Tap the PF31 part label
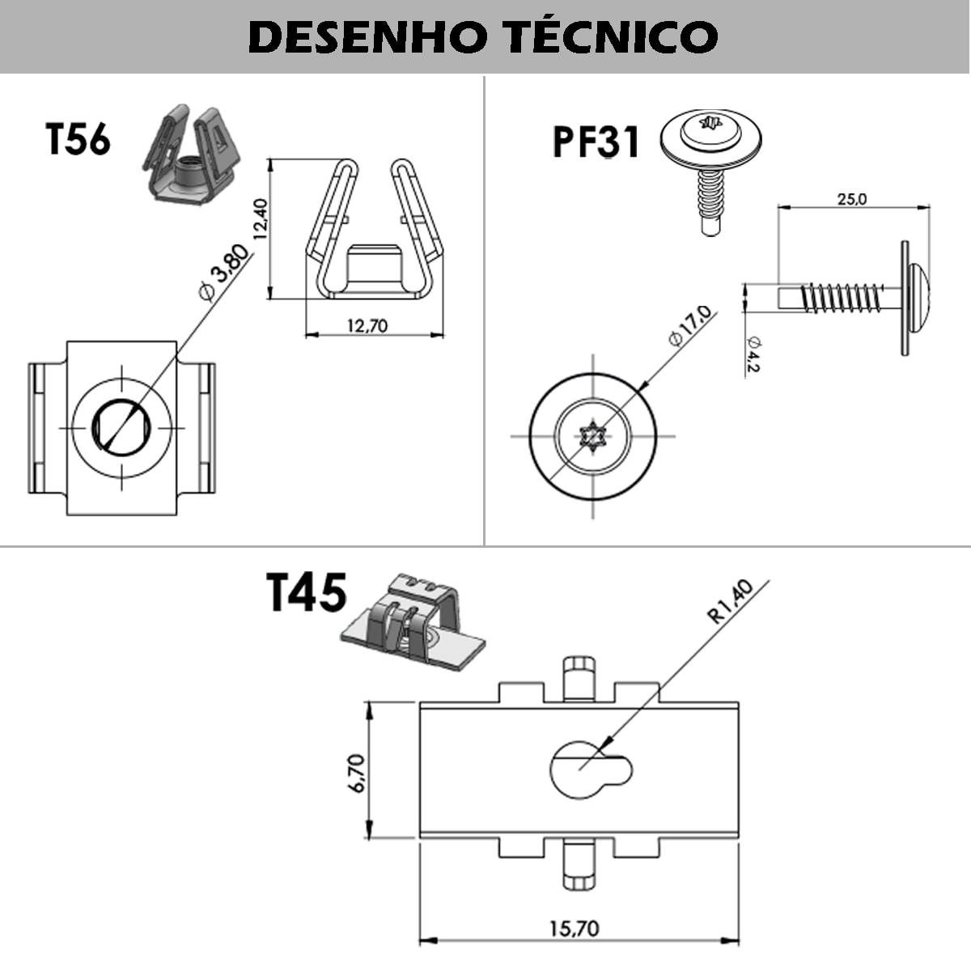596,142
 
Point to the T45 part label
307,592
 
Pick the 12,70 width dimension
367,326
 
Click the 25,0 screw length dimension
851,198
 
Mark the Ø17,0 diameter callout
690,326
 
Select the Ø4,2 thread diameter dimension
753,354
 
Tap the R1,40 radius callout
730,602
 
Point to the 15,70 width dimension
575,928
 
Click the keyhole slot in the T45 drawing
584,768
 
